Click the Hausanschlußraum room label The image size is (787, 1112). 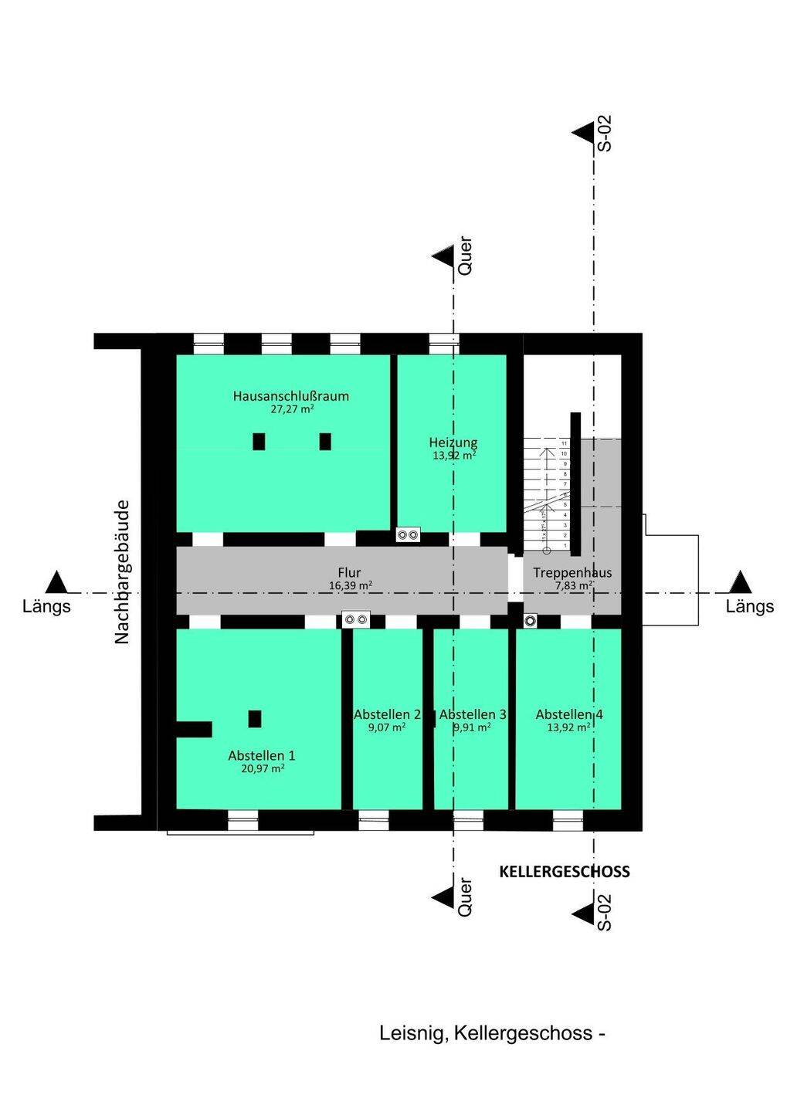pos(290,396)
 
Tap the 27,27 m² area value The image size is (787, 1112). pos(291,409)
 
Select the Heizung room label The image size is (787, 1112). pos(453,442)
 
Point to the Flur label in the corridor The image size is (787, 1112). pos(349,572)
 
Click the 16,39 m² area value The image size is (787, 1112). pos(350,585)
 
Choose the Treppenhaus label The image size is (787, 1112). pos(572,572)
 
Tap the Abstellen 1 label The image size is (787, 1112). pos(262,755)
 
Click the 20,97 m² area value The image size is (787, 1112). pos(262,768)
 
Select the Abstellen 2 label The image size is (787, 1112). pos(387,714)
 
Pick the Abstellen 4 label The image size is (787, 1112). pos(569,714)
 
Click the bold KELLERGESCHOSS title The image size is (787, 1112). pos(565,872)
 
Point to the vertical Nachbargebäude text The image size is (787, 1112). pos(121,572)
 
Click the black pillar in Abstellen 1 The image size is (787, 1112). pos(255,718)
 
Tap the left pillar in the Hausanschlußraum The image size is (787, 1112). pos(259,442)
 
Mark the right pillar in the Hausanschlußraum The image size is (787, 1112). pos(325,442)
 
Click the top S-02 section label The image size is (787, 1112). pos(605,133)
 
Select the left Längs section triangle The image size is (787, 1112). pos(56,581)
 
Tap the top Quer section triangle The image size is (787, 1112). pos(443,256)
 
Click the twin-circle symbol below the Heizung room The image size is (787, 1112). pos(407,534)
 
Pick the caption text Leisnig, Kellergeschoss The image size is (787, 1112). pos(492,1033)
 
